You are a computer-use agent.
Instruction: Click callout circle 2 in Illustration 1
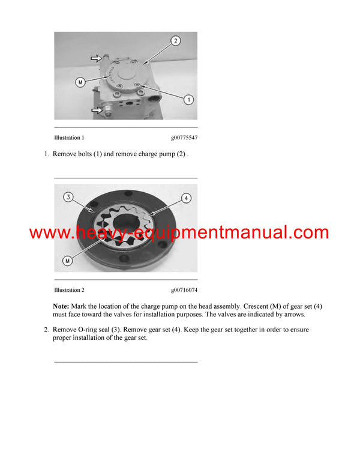(x=175, y=41)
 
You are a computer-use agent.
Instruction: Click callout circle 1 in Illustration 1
(x=188, y=100)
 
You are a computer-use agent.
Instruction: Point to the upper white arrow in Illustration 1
(x=97, y=59)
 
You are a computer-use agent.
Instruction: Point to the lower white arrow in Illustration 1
(x=96, y=109)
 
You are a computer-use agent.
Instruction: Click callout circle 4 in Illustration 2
(x=186, y=198)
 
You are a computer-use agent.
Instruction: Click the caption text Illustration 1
(x=69, y=138)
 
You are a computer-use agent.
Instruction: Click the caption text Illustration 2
(x=69, y=290)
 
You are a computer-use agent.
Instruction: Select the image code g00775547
(x=184, y=138)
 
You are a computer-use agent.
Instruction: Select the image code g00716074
(x=184, y=290)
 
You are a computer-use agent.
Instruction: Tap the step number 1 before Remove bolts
(x=46, y=154)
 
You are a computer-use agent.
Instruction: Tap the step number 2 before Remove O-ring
(x=46, y=330)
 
